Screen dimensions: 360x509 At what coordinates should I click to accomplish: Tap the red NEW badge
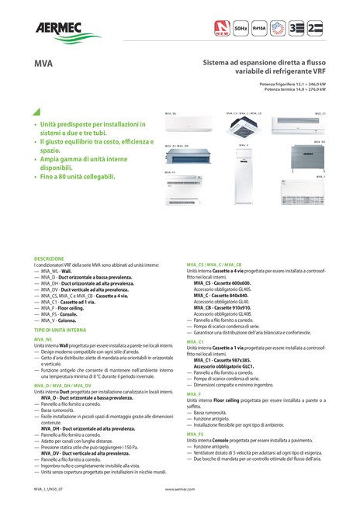(x=223, y=29)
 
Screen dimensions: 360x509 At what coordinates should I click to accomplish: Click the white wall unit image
(x=183, y=128)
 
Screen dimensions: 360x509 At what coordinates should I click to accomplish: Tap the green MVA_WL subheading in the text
(x=43, y=339)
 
